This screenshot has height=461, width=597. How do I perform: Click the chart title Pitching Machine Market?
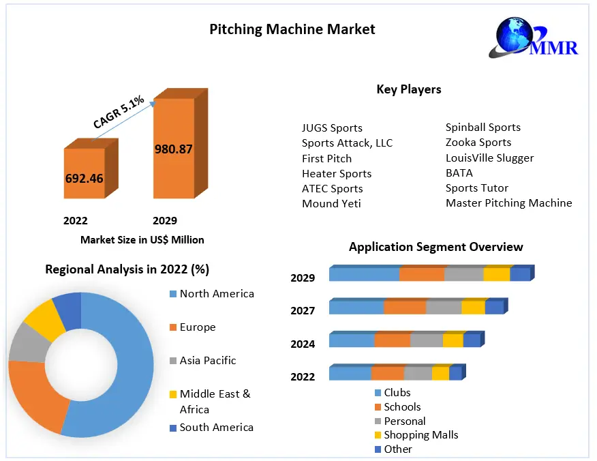point(292,29)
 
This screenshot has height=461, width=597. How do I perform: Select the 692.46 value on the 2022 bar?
point(85,179)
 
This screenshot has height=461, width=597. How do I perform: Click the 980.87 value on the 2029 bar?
point(173,149)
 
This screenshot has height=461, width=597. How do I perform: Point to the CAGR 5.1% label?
point(119,113)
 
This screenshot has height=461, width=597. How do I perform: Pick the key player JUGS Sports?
point(332,128)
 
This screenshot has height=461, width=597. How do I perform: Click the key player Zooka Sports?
point(478,143)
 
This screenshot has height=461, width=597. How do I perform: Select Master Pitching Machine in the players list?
point(508,203)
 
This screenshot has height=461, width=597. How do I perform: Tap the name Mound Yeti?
point(331,203)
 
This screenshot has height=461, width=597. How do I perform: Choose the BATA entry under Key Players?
point(459,173)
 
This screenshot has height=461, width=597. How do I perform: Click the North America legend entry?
point(216,294)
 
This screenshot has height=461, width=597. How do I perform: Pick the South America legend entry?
point(216,428)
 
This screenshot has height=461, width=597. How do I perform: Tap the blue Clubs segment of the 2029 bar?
point(364,275)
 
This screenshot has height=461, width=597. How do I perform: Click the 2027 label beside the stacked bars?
point(303,311)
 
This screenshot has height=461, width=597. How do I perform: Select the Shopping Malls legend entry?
point(420,435)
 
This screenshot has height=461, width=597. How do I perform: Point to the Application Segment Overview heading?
point(435,247)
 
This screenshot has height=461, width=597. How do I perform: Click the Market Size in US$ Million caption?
point(142,239)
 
